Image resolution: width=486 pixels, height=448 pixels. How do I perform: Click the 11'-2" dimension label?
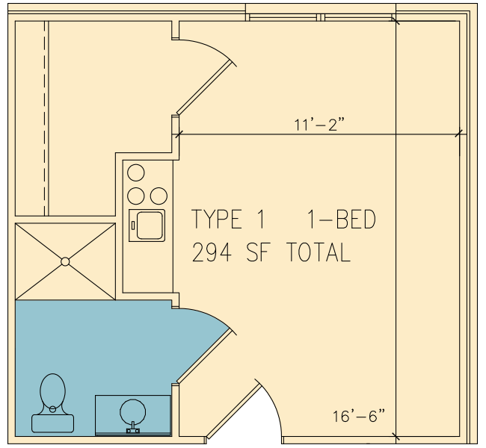tap(319, 125)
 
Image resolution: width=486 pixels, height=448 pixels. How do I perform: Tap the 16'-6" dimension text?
tap(359, 416)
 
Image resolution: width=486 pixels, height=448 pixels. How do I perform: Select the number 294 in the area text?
tap(212, 252)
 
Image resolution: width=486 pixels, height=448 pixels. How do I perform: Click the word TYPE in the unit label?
tap(217, 219)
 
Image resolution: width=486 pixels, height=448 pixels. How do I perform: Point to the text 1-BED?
tap(341, 219)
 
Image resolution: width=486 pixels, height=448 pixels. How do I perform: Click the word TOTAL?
tap(319, 252)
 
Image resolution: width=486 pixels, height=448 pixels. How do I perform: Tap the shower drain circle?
tap(65, 261)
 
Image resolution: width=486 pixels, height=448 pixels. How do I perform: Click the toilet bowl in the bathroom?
tap(52, 392)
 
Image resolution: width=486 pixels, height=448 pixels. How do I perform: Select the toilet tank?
tap(52, 423)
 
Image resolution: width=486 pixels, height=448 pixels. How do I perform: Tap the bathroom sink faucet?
tap(132, 428)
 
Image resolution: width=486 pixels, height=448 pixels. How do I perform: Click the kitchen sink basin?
tap(150, 225)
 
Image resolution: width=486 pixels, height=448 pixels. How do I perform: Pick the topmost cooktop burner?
tap(136, 172)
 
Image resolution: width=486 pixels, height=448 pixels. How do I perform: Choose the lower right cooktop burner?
tap(159, 196)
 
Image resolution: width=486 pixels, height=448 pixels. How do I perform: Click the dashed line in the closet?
tap(45, 118)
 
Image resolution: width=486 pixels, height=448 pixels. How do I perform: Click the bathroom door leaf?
tap(205, 356)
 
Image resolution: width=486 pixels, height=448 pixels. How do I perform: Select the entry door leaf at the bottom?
tap(233, 411)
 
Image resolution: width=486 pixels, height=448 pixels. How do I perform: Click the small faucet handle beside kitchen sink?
tap(133, 225)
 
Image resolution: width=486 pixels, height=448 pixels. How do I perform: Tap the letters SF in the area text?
tap(259, 252)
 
